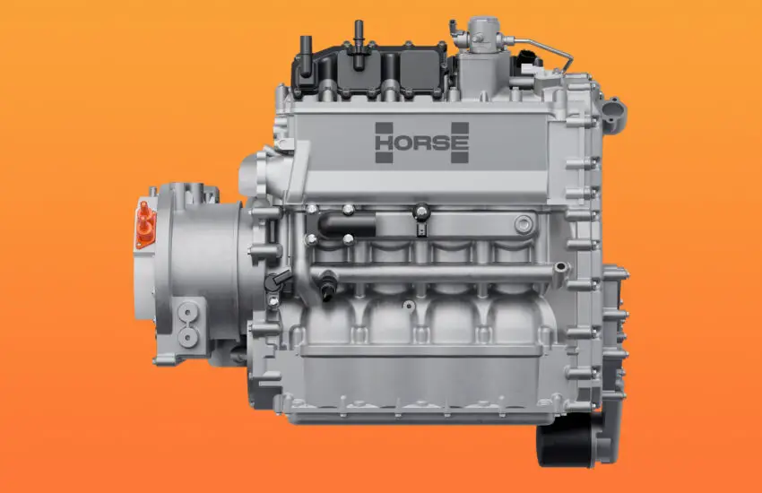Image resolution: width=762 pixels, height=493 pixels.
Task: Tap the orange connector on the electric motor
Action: click(145, 224)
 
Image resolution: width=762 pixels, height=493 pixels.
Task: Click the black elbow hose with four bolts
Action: click(346, 225)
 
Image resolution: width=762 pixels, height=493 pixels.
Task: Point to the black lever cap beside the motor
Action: click(278, 281)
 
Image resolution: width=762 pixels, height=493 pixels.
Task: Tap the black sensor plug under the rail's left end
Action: click(327, 286)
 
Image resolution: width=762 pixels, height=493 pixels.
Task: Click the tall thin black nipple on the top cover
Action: click(359, 45)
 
